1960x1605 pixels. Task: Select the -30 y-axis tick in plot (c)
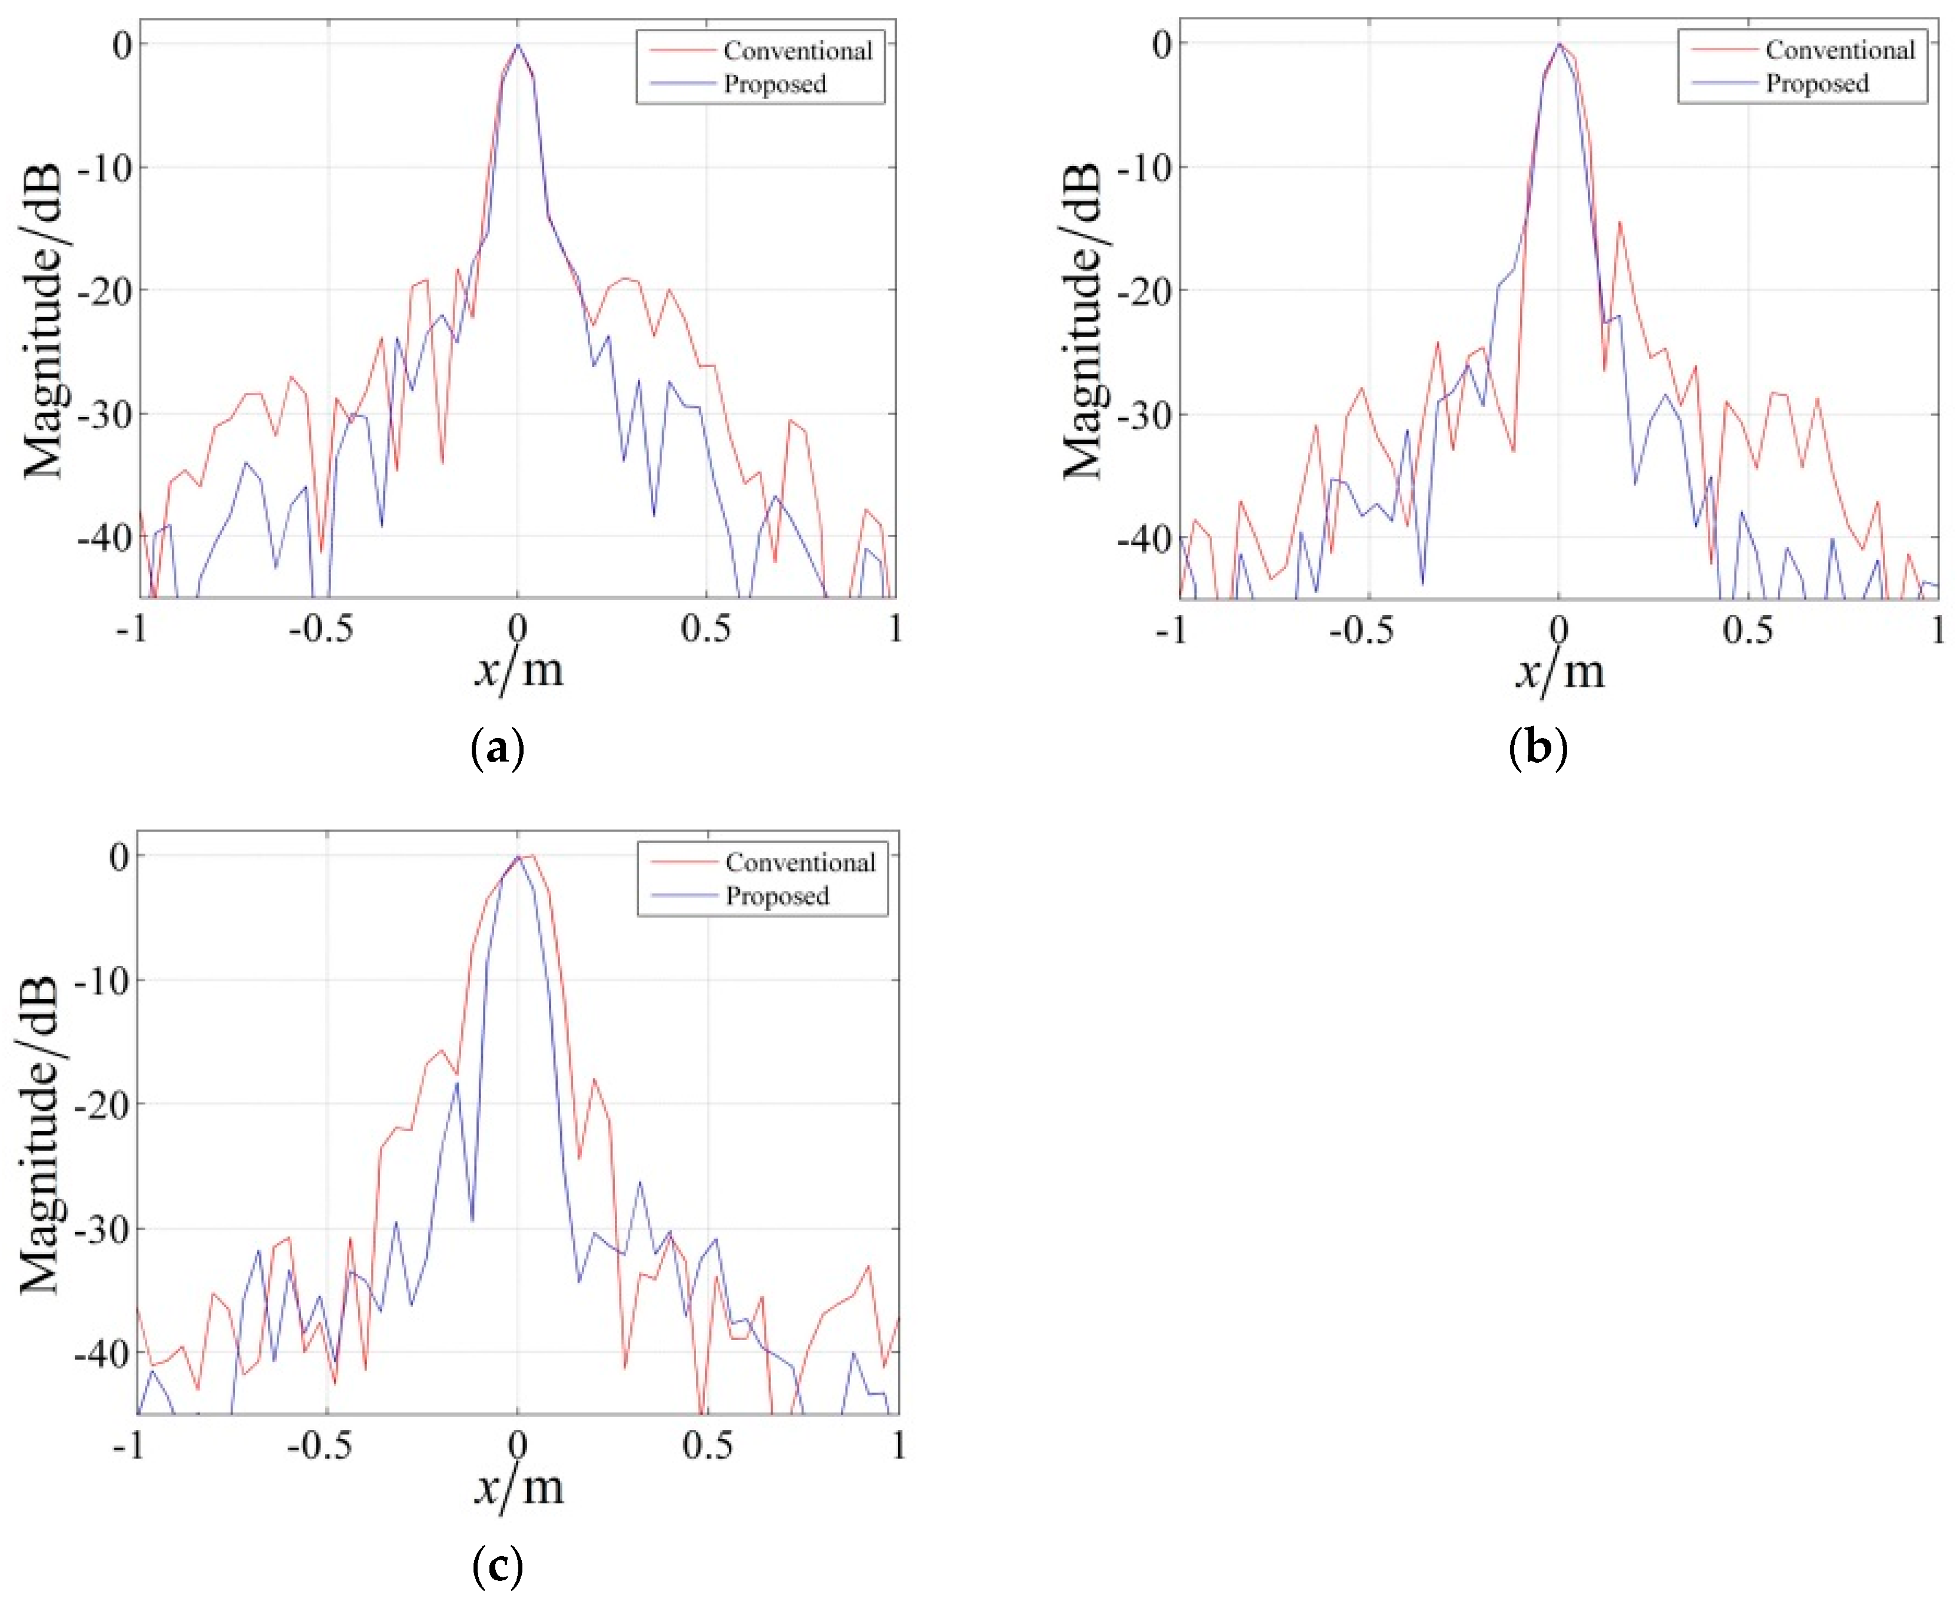[x=104, y=1229]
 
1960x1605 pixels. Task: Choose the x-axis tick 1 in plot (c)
[x=898, y=1445]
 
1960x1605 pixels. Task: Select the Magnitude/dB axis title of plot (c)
[x=39, y=1133]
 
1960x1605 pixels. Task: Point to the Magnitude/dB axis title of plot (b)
[x=1082, y=321]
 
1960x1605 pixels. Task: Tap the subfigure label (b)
[x=1538, y=747]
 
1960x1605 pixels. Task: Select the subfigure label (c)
[x=498, y=1566]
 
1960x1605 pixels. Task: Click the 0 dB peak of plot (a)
[x=518, y=44]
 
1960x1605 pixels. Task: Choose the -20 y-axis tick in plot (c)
[x=104, y=1104]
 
